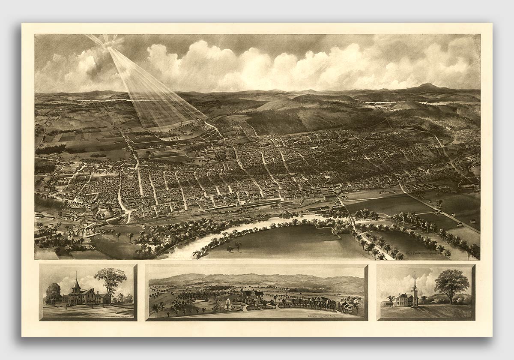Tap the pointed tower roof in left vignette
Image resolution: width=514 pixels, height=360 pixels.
[x=76, y=283]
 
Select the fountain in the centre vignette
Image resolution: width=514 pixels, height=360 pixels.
[x=227, y=305]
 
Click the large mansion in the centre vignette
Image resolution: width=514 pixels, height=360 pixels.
[x=251, y=297]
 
